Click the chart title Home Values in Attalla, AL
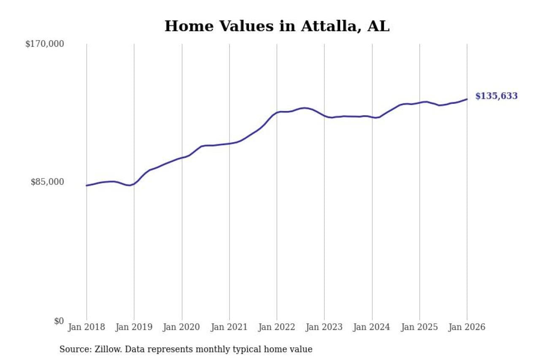(277, 26)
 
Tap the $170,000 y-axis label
(45, 44)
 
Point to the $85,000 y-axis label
(47, 182)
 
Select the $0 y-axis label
(59, 321)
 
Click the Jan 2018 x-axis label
(86, 328)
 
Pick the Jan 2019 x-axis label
(134, 328)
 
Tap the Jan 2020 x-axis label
(182, 328)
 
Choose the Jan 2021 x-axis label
(229, 328)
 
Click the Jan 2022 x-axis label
(277, 328)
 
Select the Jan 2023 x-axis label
(324, 328)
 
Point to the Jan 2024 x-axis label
(372, 328)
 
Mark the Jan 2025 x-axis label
(420, 328)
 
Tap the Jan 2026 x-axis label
(467, 328)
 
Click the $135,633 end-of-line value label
(496, 96)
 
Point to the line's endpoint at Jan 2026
(467, 99)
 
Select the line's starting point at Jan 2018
(86, 185)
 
